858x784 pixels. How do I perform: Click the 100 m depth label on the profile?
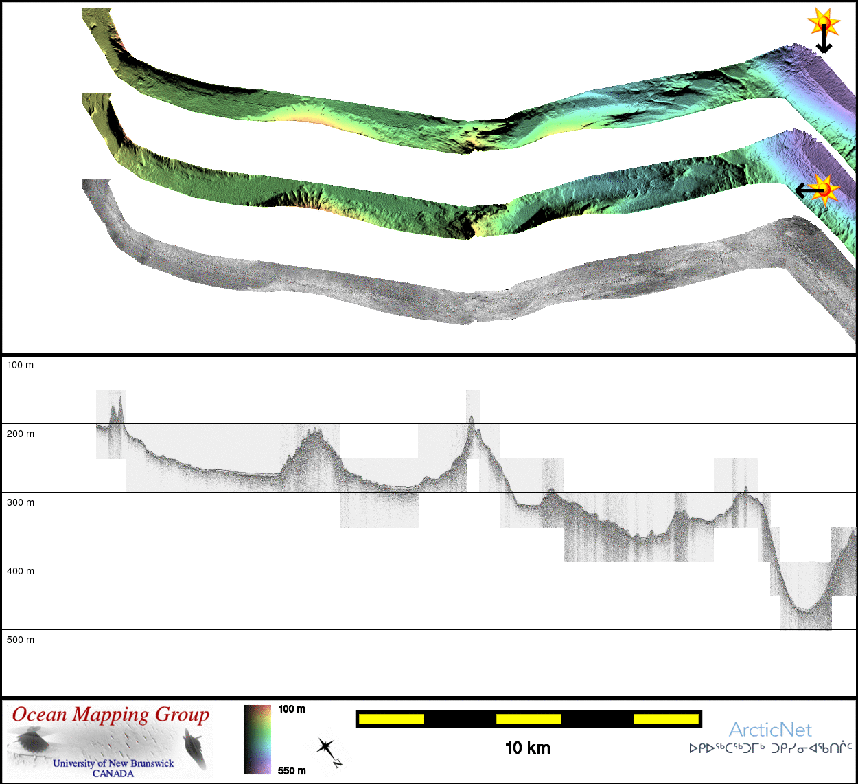[20, 365]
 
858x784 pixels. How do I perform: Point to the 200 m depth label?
[20, 434]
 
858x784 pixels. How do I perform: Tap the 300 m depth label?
[20, 502]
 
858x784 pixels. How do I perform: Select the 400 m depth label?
[20, 571]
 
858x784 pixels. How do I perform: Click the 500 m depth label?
[20, 640]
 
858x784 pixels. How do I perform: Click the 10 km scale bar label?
[527, 748]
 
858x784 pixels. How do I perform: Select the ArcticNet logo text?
[770, 730]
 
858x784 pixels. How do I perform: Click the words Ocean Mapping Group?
[111, 715]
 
